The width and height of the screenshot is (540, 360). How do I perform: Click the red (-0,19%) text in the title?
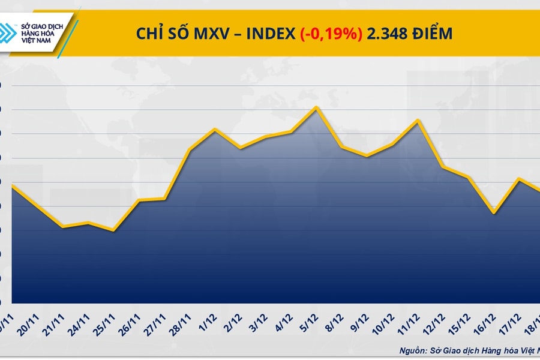click(331, 34)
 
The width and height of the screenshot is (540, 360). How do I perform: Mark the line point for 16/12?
click(493, 212)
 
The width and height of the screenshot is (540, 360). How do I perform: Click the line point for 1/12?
click(215, 128)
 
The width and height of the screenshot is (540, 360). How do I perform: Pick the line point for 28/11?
click(190, 149)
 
